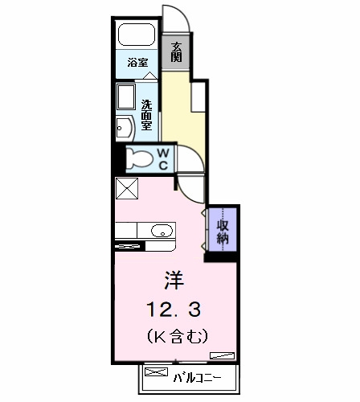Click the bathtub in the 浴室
137,35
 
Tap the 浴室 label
137,63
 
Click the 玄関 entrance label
176,52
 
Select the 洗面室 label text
147,115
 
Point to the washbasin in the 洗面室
125,129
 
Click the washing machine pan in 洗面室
126,96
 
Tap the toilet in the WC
140,158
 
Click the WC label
163,159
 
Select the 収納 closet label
223,232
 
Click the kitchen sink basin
162,231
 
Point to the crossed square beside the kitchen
127,188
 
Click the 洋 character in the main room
174,280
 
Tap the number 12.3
174,310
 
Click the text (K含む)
178,336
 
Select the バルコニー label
198,378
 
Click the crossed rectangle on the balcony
156,372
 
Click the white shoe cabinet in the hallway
198,97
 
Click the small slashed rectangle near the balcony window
222,355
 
